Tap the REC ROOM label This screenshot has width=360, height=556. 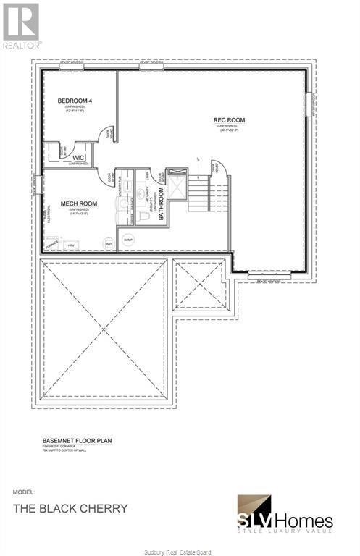point(229,120)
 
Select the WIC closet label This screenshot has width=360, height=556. point(79,156)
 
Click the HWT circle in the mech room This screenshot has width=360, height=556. point(108,243)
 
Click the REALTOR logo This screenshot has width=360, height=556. point(21,25)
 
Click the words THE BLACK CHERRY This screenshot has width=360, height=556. point(70,508)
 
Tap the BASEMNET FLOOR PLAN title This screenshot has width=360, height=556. point(75,439)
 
